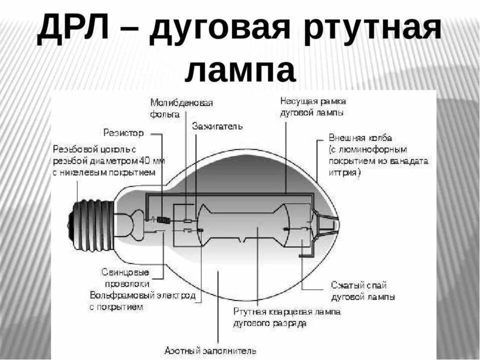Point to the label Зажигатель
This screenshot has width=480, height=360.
[217, 126]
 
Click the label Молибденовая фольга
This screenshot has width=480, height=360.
[181, 108]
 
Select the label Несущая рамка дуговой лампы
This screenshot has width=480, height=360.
[312, 106]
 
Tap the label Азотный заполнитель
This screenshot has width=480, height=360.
[210, 350]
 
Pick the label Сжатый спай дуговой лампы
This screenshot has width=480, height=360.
[362, 290]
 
